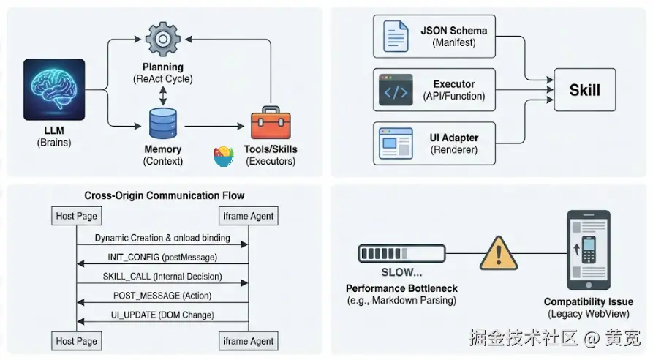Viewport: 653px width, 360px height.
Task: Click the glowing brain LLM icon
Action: coord(53,90)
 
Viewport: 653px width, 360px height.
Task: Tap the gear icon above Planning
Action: coord(163,40)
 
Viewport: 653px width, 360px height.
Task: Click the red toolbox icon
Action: coord(271,125)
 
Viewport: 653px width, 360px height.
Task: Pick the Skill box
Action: coord(584,90)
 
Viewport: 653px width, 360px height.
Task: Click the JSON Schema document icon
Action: coord(395,37)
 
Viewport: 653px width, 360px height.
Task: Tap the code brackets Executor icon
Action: coord(396,89)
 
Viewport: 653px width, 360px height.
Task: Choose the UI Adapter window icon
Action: coord(396,143)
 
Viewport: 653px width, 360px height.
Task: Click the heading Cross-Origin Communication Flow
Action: coord(165,195)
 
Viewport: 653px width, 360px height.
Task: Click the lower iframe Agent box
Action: coord(249,341)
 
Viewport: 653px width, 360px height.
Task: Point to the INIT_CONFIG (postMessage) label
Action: coord(162,258)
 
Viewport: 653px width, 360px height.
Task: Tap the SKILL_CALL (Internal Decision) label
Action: coord(162,277)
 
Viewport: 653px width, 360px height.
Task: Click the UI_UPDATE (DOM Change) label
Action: coord(162,315)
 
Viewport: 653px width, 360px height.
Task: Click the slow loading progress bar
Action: coord(401,254)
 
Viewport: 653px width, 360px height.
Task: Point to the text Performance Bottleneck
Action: coord(401,288)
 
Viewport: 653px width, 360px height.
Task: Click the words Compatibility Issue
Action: coord(589,301)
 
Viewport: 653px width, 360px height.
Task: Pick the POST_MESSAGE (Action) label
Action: coord(162,296)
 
